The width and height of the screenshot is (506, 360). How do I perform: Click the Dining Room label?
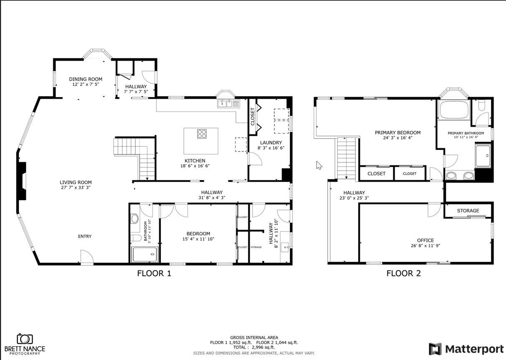pyautogui.click(x=86, y=79)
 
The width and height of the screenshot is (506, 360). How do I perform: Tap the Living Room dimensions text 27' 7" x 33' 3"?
pyautogui.click(x=76, y=188)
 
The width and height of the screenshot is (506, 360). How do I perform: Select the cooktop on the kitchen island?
pyautogui.click(x=202, y=134)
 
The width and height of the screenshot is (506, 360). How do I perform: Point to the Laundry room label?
pyautogui.click(x=271, y=142)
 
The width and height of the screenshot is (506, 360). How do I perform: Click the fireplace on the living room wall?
pyautogui.click(x=22, y=181)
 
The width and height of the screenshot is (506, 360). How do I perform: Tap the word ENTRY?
pyautogui.click(x=85, y=236)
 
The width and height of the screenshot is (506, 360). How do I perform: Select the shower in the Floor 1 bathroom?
pyautogui.click(x=145, y=254)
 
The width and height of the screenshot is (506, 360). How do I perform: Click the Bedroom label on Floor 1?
pyautogui.click(x=198, y=234)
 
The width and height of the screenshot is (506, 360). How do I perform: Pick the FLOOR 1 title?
pyautogui.click(x=154, y=274)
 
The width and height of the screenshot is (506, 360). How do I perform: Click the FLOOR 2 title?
pyautogui.click(x=403, y=274)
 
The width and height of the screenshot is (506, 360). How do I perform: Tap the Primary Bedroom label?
pyautogui.click(x=397, y=133)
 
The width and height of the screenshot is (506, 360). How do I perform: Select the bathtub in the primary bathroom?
pyautogui.click(x=454, y=109)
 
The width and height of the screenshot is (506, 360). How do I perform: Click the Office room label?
pyautogui.click(x=425, y=241)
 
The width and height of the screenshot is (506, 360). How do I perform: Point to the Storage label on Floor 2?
pyautogui.click(x=468, y=210)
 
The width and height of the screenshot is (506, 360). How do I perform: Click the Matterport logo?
pyautogui.click(x=466, y=349)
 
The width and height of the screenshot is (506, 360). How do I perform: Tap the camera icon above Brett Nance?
pyautogui.click(x=25, y=339)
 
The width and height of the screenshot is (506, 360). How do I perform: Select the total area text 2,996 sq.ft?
pyautogui.click(x=263, y=347)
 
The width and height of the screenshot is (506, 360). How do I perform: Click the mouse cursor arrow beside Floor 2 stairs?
pyautogui.click(x=319, y=165)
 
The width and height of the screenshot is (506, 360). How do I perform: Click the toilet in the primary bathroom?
pyautogui.click(x=481, y=106)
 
